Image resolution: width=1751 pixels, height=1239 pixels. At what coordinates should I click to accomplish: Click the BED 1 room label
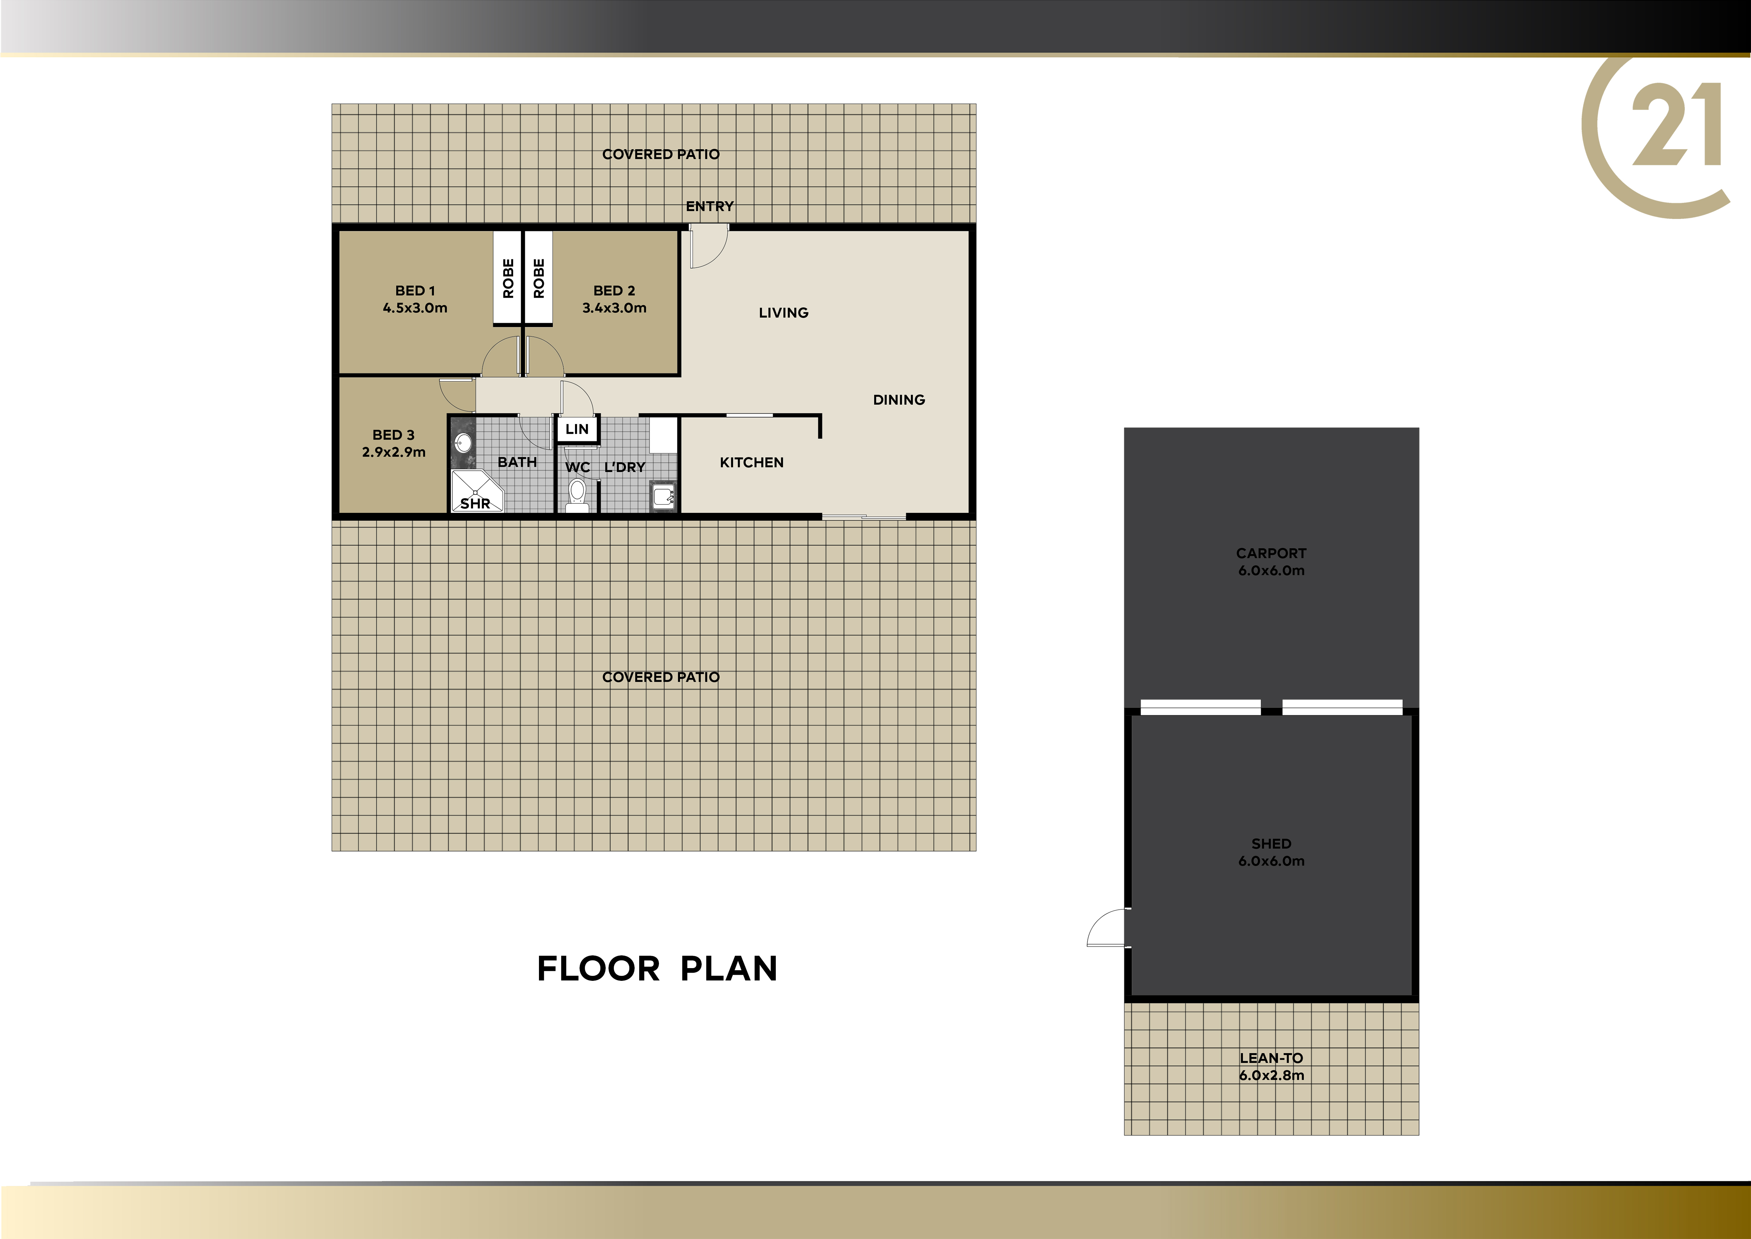(415, 291)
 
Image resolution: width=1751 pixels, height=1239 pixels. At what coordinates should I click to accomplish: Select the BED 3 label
(394, 435)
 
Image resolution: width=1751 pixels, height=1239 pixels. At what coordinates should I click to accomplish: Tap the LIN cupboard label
(577, 429)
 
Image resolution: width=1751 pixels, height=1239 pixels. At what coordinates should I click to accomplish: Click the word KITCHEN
(752, 462)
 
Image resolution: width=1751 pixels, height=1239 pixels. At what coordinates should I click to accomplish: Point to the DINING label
(899, 400)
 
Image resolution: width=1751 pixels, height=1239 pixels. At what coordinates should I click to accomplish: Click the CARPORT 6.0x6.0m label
(1271, 562)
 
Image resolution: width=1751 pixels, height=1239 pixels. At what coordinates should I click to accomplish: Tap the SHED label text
(1271, 844)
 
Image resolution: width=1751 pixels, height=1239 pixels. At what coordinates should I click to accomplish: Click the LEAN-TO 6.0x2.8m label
(1271, 1067)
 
